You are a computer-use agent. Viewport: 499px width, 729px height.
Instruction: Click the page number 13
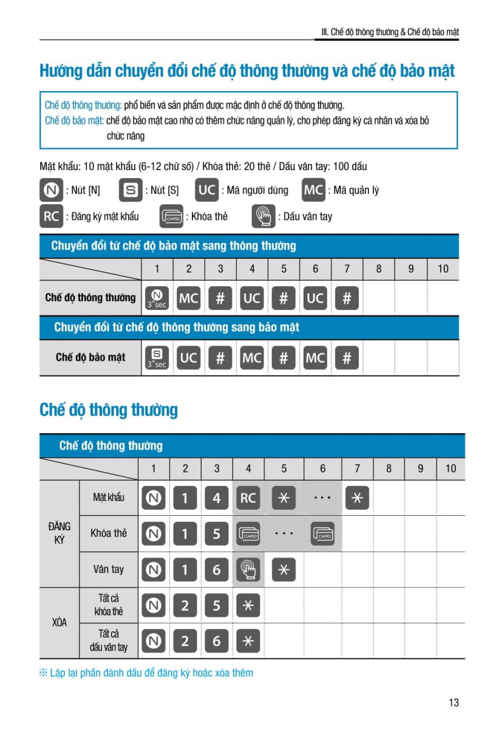453,703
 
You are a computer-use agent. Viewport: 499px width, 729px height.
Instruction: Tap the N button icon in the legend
50,190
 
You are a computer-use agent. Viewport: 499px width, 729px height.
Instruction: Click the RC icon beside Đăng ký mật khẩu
50,216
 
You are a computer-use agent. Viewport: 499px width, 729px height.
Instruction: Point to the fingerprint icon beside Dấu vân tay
263,216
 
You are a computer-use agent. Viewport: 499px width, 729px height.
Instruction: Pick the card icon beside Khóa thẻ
171,216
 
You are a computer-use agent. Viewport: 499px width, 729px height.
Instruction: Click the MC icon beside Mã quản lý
314,190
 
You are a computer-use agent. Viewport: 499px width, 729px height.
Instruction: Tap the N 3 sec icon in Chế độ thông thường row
157,298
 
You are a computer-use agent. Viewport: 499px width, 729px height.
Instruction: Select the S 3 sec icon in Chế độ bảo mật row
157,358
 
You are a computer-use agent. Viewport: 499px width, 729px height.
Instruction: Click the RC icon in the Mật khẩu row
248,498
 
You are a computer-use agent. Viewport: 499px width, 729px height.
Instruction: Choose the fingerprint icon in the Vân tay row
248,569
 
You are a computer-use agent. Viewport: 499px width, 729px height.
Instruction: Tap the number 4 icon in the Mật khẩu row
217,498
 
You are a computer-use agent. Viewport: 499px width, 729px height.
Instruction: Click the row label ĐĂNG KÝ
59,533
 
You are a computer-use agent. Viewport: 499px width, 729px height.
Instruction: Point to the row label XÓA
59,623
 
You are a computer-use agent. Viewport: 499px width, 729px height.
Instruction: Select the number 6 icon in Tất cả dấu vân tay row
217,640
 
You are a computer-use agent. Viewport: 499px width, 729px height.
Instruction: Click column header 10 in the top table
443,269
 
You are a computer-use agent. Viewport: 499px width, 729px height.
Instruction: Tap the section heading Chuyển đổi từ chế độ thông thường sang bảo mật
177,327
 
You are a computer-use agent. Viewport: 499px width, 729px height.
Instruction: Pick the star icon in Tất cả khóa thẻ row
248,605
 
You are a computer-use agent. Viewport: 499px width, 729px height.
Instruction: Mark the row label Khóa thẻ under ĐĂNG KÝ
109,533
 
